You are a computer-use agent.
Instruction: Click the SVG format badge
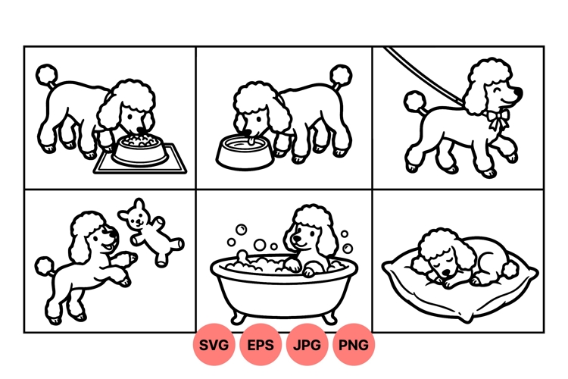click(214, 345)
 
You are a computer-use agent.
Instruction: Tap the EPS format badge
click(261, 345)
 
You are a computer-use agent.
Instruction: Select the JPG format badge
click(307, 345)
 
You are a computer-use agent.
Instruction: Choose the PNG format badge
click(354, 345)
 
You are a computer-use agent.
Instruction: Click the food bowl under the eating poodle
click(137, 151)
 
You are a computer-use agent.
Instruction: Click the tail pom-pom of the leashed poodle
click(414, 102)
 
